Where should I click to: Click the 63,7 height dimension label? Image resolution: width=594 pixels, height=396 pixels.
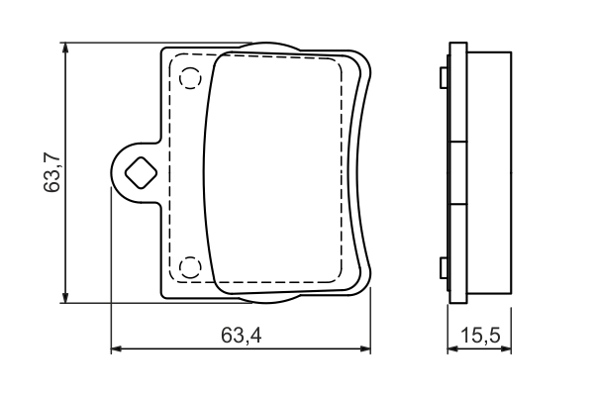(53, 171)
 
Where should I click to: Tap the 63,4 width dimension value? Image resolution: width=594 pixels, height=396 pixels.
(241, 337)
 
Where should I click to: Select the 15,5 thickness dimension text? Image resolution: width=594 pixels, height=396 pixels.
(480, 337)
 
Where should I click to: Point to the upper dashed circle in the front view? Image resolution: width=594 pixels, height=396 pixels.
(189, 76)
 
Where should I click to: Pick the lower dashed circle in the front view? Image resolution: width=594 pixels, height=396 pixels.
(189, 266)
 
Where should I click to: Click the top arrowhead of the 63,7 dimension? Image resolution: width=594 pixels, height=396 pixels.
(65, 49)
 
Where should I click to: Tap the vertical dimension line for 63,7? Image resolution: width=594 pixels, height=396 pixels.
(65, 119)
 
